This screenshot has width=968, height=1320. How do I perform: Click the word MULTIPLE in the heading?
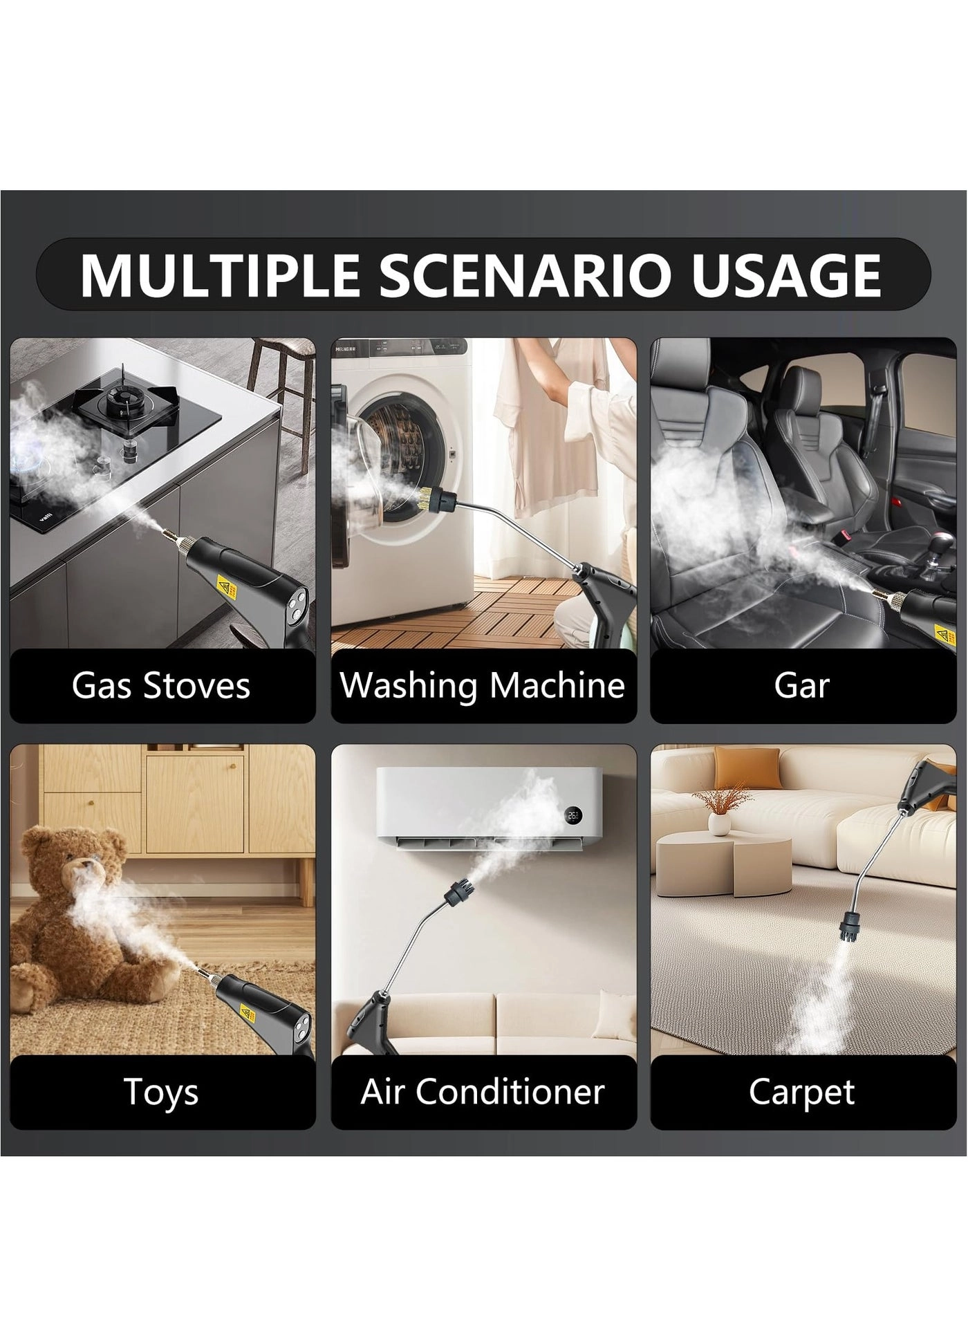(x=219, y=275)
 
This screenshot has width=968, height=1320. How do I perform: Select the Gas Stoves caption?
(x=161, y=685)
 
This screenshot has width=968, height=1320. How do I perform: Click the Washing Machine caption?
(x=483, y=685)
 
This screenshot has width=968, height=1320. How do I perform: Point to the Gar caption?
(x=802, y=685)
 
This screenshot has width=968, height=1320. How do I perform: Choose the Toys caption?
(x=161, y=1093)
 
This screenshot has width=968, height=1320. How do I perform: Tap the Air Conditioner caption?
(x=483, y=1092)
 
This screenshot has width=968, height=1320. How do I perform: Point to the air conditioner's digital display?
(x=573, y=815)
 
